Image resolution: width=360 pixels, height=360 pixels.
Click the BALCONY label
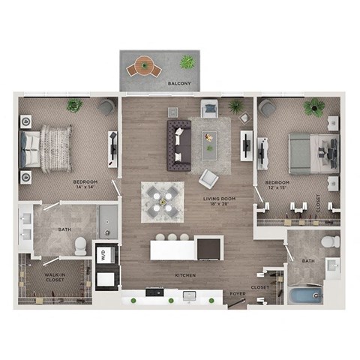tap(178, 83)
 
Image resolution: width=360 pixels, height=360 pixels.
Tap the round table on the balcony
tap(143, 68)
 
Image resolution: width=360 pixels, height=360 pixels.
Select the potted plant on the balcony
tap(187, 61)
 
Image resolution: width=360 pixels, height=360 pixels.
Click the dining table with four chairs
tap(162, 201)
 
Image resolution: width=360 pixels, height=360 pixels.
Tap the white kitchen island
tap(186, 248)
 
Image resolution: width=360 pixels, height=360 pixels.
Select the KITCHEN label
tap(184, 275)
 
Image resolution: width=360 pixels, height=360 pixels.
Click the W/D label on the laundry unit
tap(103, 255)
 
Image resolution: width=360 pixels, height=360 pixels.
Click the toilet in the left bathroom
tap(81, 244)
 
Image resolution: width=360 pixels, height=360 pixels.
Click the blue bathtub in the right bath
tap(305, 293)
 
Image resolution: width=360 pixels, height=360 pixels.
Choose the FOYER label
tap(237, 294)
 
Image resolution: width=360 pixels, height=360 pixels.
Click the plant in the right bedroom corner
tap(314, 106)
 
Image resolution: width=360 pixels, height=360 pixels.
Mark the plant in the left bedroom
tap(74, 105)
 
